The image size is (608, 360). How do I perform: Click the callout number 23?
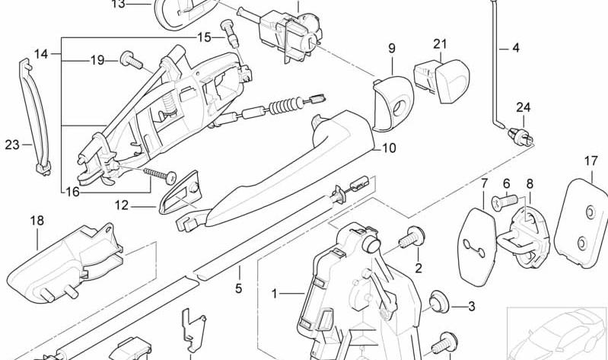[12, 145]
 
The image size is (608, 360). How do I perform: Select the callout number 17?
[591, 161]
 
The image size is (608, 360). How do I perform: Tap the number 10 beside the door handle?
[390, 148]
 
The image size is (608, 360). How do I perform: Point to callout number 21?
[440, 44]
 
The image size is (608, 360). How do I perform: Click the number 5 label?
[238, 288]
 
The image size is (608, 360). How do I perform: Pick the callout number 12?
[121, 205]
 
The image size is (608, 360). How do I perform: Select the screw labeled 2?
[412, 237]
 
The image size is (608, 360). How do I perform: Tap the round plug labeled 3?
[439, 301]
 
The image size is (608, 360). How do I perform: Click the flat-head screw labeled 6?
[505, 202]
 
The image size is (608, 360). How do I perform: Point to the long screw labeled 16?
[160, 174]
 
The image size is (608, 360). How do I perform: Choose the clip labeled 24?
[520, 135]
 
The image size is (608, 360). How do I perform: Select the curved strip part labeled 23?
[35, 116]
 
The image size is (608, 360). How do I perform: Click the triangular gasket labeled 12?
[179, 193]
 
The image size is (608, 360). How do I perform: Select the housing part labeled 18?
[65, 263]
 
